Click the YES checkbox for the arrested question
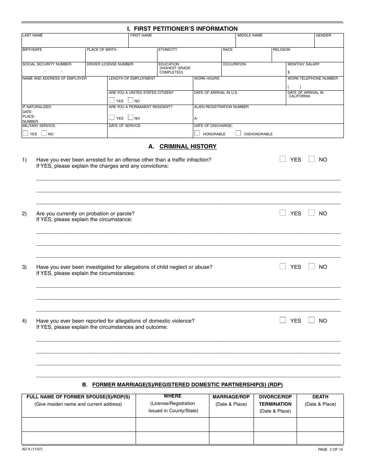[x=283, y=159]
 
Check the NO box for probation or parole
[x=312, y=213]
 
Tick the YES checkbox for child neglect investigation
[x=283, y=266]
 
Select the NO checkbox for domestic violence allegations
[x=312, y=320]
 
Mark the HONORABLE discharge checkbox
[x=197, y=133]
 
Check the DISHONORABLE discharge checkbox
[x=238, y=133]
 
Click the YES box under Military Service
[x=25, y=133]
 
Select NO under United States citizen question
[x=131, y=100]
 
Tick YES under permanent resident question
[x=112, y=118]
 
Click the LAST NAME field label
[x=33, y=35]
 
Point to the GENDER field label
[x=324, y=35]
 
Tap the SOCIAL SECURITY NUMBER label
[x=47, y=64]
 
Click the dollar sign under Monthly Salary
[x=289, y=72]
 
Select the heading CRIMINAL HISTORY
[x=188, y=147]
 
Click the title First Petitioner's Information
[x=182, y=28]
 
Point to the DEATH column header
[x=320, y=396]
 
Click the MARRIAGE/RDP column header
[x=231, y=396]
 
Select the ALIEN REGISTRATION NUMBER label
[x=221, y=107]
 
